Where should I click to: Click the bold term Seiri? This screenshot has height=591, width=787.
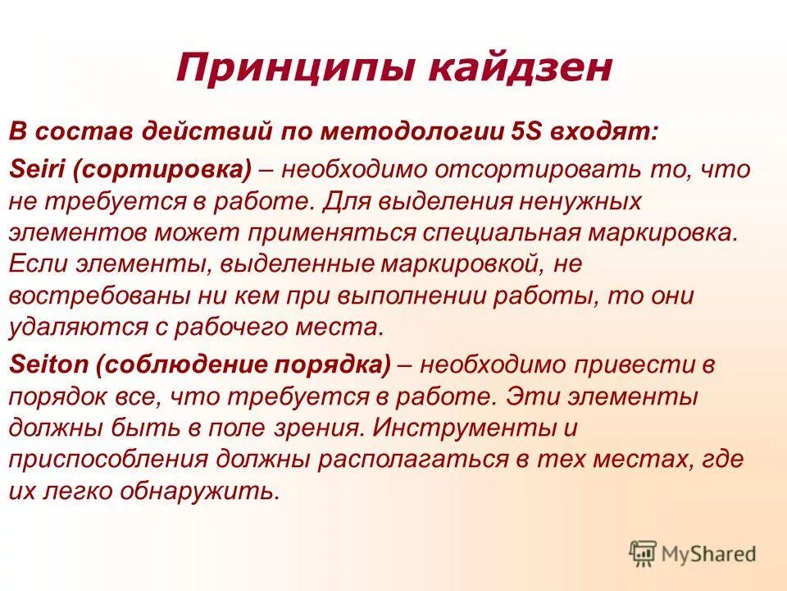pos(31,169)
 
